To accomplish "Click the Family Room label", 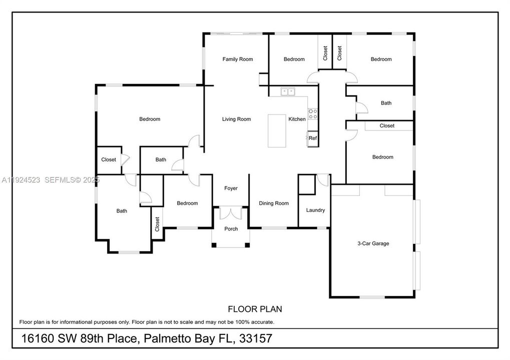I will (238, 59).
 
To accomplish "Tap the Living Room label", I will (237, 119).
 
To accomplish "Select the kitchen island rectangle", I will (277, 131).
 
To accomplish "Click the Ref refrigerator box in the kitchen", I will (312, 138).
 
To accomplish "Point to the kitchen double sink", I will (288, 91).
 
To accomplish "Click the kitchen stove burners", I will (313, 114).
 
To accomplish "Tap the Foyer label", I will (231, 188).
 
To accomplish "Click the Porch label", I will (231, 229).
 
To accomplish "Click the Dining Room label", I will (274, 203).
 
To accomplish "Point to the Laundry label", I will (316, 210).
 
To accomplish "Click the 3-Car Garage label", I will (373, 244).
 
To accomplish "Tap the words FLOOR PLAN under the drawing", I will (251, 309).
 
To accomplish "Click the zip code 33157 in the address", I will (256, 338).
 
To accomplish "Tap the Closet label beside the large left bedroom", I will (109, 160).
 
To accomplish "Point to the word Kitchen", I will (297, 119).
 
